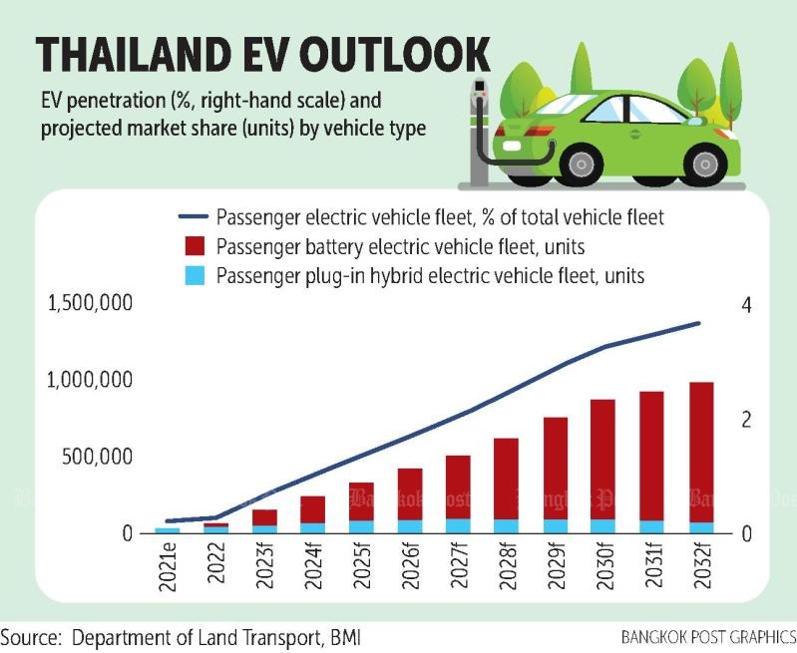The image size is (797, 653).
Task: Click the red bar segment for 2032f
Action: pos(701,453)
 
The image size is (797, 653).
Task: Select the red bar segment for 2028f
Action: pos(506,479)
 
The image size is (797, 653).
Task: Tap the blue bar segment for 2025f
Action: pos(361,527)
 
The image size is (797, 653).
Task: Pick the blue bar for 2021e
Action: pos(168,530)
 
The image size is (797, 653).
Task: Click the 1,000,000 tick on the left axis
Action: pos(90,380)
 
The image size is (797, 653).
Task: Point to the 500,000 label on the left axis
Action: pos(98,457)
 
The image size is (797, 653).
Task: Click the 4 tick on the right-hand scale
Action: pos(746,305)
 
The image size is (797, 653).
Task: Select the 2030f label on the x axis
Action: pos(604,565)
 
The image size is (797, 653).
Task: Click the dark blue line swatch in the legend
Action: pos(194,217)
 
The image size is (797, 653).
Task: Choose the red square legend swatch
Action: pos(195,246)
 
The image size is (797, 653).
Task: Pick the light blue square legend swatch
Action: pos(195,275)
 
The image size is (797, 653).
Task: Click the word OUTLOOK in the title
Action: pos(395,54)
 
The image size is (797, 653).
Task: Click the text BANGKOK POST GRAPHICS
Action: pos(708,637)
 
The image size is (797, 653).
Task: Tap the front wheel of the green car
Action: pos(704,164)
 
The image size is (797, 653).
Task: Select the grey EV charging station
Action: pos(479,133)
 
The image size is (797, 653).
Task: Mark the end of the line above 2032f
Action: pos(698,323)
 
